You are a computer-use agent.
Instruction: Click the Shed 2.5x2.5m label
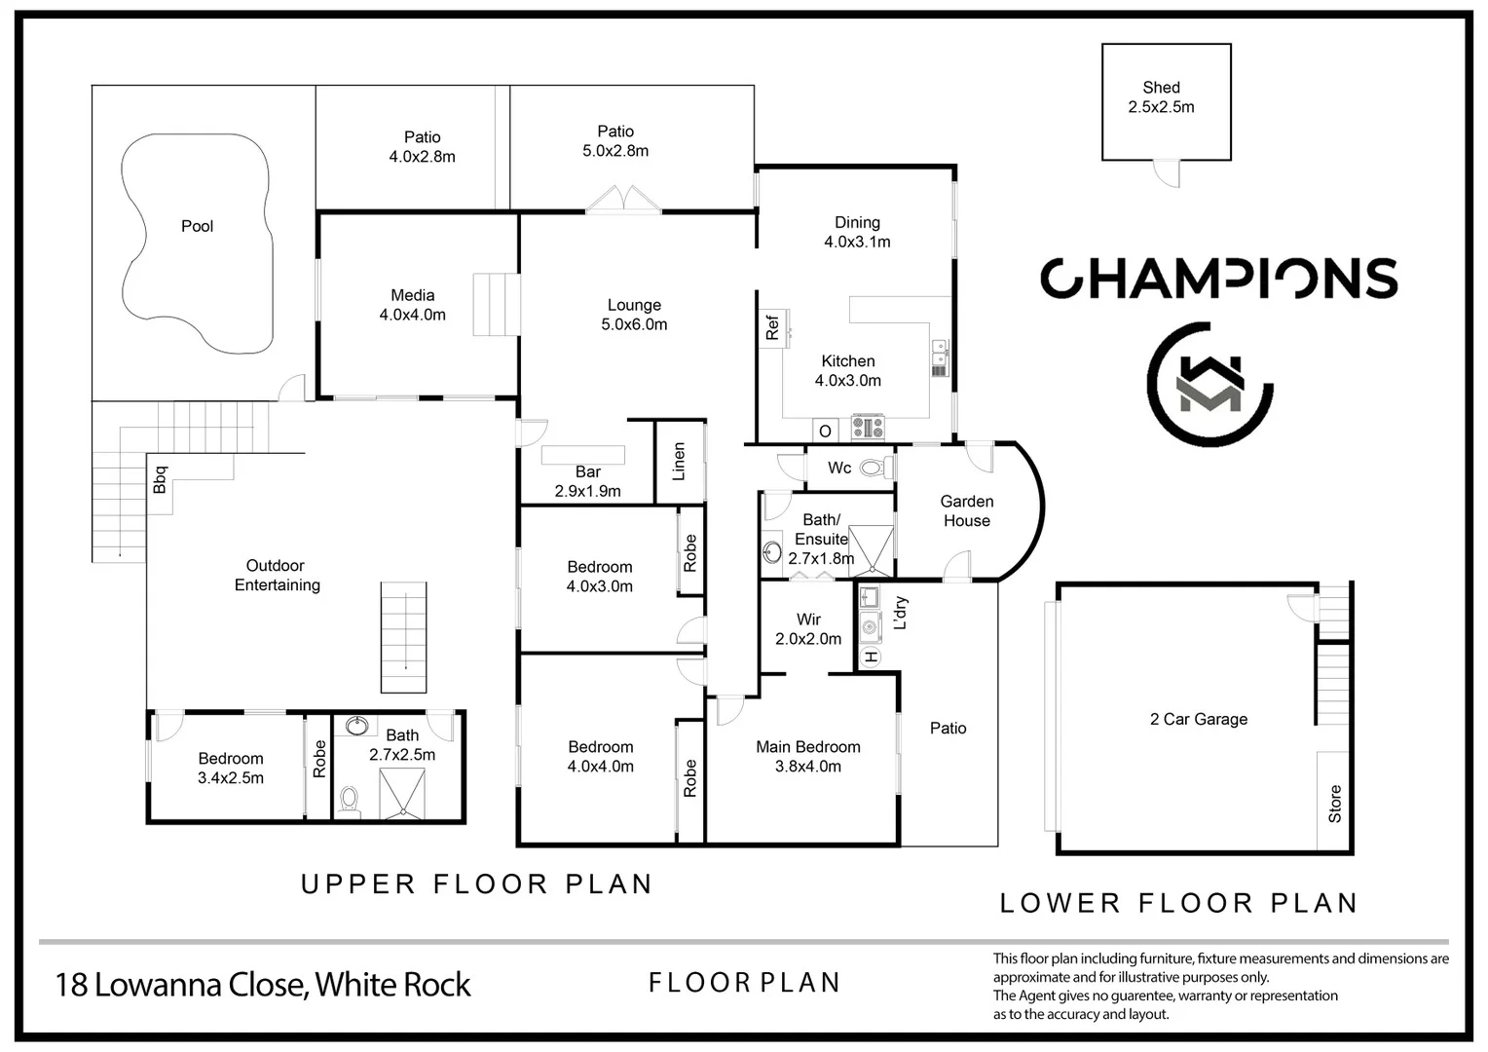coord(1161,97)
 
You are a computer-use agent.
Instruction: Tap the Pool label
coord(197,226)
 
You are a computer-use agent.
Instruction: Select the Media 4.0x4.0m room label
coord(413,305)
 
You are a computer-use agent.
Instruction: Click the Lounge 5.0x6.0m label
coord(634,315)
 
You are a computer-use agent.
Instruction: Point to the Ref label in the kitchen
coord(772,328)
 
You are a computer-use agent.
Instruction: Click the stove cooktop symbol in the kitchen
coord(868,428)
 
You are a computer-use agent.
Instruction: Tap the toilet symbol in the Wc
coord(875,468)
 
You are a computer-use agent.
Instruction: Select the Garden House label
coord(966,511)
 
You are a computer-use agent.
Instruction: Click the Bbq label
coord(161,480)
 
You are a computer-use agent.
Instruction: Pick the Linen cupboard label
coord(679,462)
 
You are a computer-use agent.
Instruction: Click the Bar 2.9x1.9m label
coord(587,481)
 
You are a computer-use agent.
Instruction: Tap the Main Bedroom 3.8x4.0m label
coord(808,757)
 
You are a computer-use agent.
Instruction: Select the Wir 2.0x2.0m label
coord(808,629)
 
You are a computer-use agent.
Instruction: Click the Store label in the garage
coord(1334,804)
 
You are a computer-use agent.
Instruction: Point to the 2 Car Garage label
coord(1198,719)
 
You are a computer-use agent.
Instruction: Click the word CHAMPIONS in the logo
coord(1218,279)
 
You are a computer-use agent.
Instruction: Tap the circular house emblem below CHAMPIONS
coord(1209,384)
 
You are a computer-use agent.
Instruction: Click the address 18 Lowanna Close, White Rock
coord(263,985)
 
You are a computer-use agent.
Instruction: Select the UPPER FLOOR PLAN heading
coord(476,884)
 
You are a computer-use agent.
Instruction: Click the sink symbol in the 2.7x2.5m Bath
coord(356,726)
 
